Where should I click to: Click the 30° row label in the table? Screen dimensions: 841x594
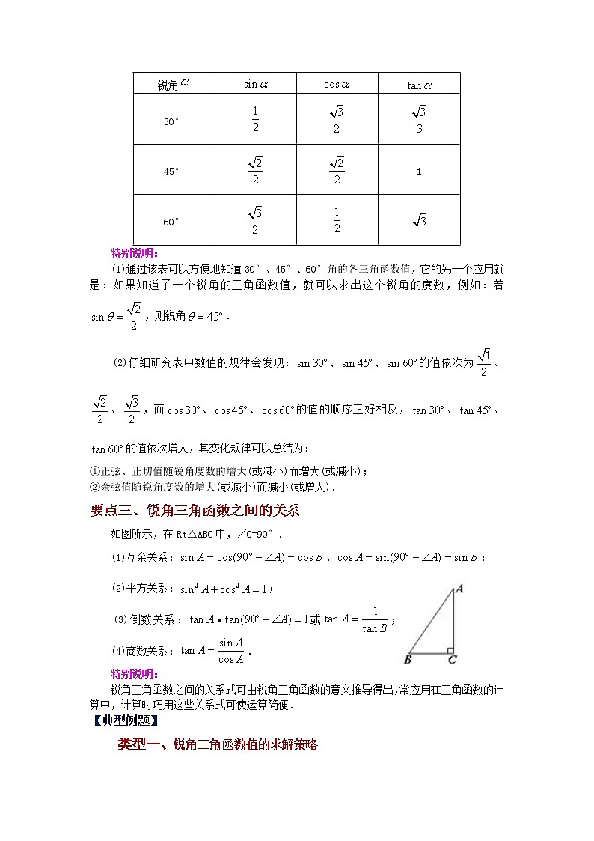[171, 121]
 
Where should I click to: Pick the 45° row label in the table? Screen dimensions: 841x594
[171, 171]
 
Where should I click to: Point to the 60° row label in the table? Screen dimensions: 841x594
[171, 222]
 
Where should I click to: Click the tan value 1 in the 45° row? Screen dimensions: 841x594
[419, 172]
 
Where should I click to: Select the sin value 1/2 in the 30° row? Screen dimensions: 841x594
[255, 120]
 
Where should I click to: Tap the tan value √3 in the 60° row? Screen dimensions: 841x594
[419, 221]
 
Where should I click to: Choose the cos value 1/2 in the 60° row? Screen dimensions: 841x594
[337, 221]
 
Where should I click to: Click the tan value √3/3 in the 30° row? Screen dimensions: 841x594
[419, 120]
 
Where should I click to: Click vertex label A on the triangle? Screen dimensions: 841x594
[459, 589]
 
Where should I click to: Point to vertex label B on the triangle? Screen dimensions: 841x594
[408, 660]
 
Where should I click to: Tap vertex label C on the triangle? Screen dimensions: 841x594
[453, 660]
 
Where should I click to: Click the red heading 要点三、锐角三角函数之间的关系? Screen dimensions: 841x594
[194, 511]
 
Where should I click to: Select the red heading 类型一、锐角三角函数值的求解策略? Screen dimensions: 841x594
[218, 745]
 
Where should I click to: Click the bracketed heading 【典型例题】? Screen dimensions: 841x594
[123, 721]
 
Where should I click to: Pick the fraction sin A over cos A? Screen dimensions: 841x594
[231, 651]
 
